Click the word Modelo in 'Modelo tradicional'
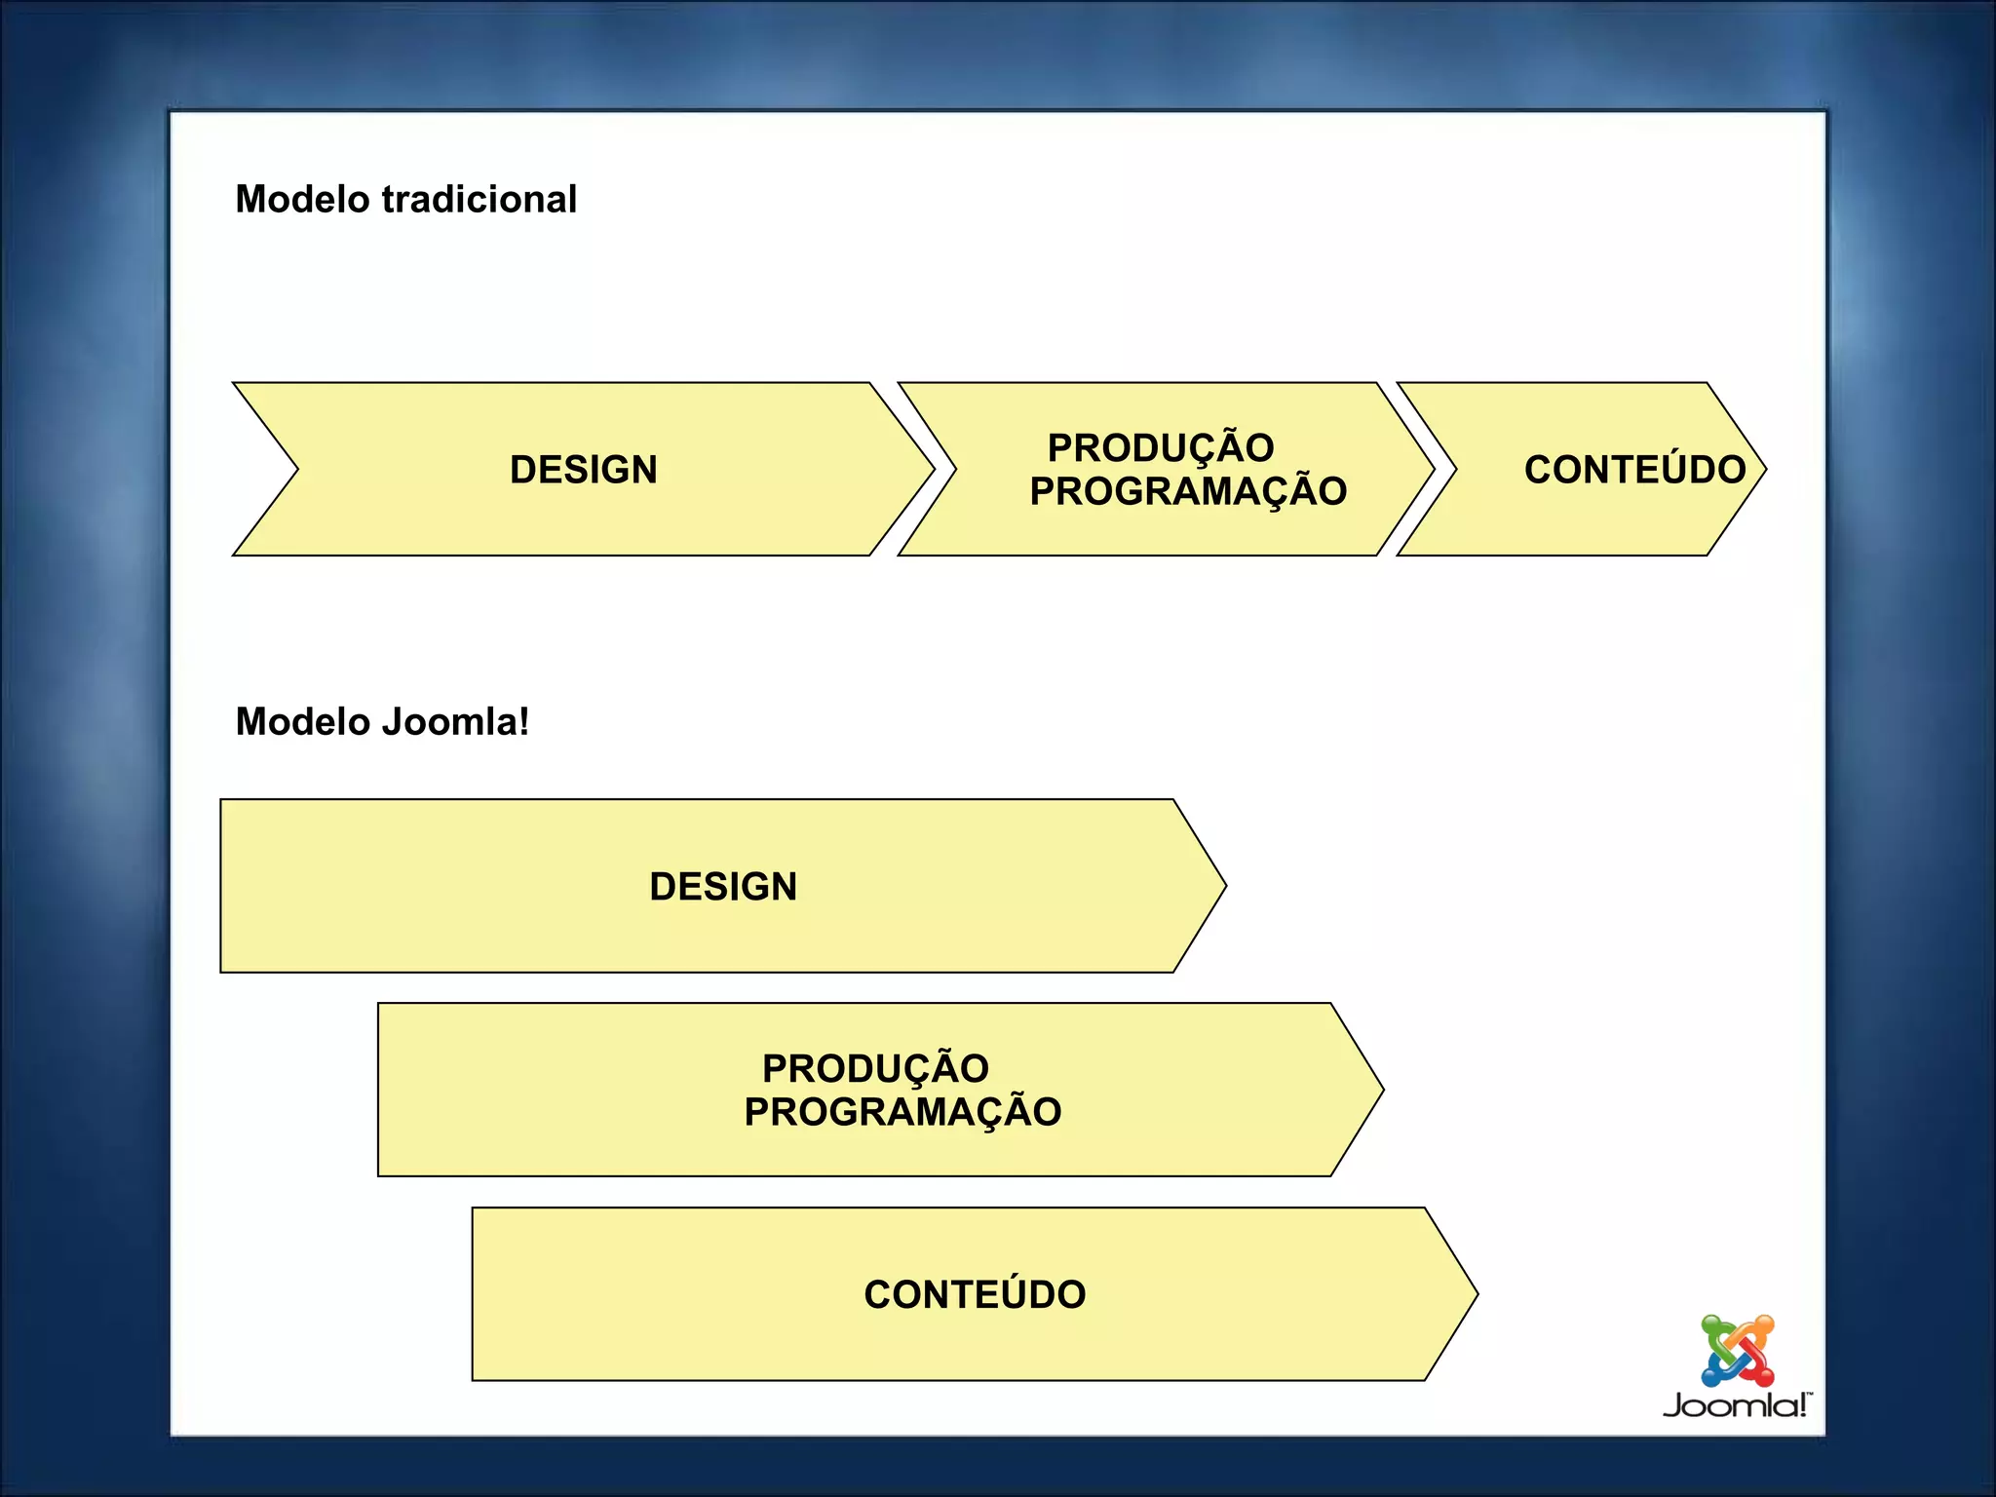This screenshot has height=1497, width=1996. coord(303,200)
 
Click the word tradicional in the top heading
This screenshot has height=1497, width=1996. coord(480,200)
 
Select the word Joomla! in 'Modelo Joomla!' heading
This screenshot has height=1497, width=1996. coord(455,722)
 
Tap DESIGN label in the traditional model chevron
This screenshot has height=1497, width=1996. coord(584,470)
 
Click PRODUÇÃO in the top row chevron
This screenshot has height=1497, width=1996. coord(1161,448)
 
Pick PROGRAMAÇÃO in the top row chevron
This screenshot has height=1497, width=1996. coord(1188,491)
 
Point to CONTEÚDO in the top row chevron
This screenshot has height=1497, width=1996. coord(1634,470)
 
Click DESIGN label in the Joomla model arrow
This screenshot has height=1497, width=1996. coord(723,887)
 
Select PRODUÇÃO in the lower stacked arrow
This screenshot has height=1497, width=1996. coord(875,1069)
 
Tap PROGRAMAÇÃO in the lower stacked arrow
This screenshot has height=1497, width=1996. coord(902,1112)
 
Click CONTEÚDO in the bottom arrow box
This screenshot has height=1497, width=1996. coord(975,1295)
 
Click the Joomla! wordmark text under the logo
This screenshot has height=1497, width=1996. coord(1736,1405)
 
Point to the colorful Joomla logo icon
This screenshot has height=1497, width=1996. coord(1738,1351)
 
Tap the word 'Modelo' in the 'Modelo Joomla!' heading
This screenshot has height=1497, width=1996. coord(303,722)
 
